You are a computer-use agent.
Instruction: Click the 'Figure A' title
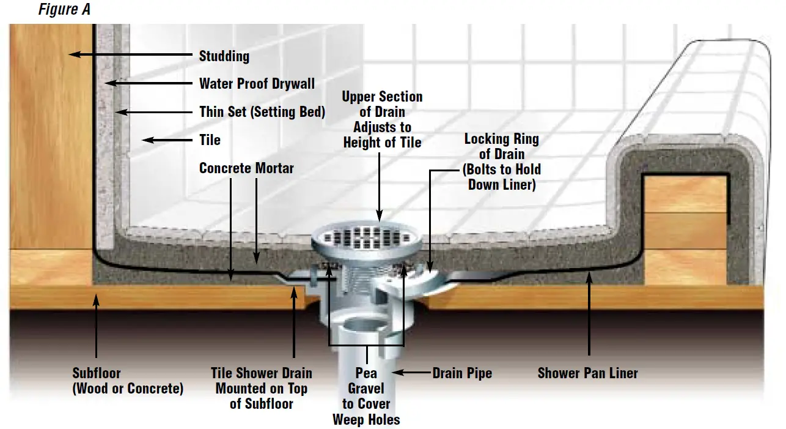(64, 10)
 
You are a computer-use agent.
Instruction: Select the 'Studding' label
(224, 56)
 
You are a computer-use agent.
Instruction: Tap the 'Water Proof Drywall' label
(257, 84)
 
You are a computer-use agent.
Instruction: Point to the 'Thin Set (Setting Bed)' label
(262, 112)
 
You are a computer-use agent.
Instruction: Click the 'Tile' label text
(210, 140)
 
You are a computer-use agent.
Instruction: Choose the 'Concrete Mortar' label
(246, 168)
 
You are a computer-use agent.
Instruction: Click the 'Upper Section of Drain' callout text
(382, 120)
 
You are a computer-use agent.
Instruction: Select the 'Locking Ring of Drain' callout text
(501, 161)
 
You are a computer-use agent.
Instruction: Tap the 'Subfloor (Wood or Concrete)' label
(128, 380)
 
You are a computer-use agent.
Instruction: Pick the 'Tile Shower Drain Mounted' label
(262, 388)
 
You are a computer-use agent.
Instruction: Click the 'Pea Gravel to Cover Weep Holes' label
(366, 396)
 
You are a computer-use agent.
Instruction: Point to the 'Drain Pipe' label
(462, 373)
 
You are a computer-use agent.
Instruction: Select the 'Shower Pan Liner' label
(587, 373)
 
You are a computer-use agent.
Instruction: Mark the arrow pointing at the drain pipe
(410, 372)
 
